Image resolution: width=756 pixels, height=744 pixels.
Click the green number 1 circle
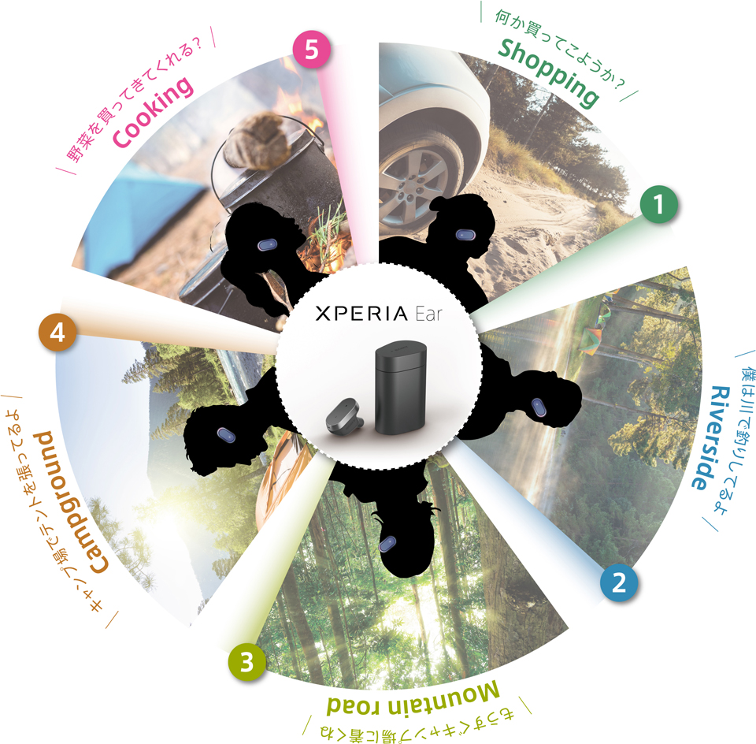coord(658,204)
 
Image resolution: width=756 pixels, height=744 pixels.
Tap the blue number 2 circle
coord(619,582)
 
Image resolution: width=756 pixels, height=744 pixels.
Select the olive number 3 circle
coord(246,662)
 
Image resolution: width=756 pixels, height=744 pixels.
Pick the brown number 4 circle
coord(57,333)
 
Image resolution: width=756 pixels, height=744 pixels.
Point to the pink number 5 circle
coord(312,50)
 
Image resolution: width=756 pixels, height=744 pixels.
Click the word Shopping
coord(549,73)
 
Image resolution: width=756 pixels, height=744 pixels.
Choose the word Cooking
coord(153,111)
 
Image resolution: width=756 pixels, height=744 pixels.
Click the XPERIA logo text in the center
coord(361,314)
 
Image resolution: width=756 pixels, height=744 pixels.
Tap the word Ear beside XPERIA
coord(428,314)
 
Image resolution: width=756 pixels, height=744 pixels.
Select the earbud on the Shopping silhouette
coord(465,235)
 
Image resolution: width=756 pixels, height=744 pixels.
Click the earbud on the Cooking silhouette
coord(267,244)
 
